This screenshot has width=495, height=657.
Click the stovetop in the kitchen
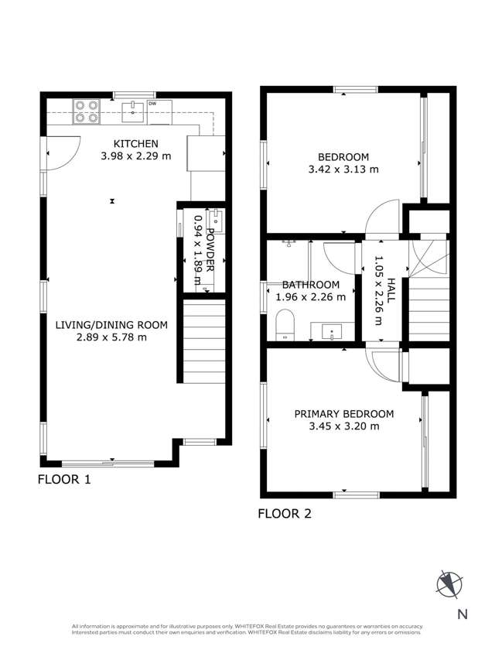coord(86,112)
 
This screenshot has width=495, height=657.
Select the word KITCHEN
coord(135,144)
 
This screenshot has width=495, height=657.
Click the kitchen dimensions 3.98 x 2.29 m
coord(135,156)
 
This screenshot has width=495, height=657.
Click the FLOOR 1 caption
coord(64,480)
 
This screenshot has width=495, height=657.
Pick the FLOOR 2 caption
coord(284,512)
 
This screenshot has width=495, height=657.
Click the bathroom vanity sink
coord(333,333)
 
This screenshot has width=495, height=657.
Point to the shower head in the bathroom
coord(291,244)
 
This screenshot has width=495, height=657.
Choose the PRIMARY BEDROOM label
coord(343,414)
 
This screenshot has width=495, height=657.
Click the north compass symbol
coord(448,583)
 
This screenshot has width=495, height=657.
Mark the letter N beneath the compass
coord(462,615)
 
